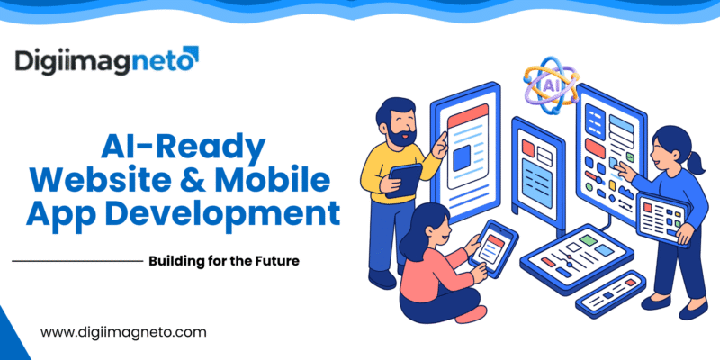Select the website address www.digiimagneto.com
coord(124,332)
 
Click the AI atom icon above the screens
coord(549,84)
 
